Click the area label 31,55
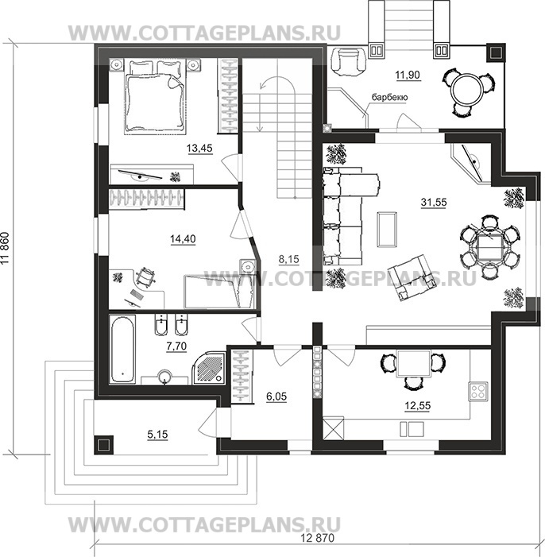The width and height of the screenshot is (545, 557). tap(434, 203)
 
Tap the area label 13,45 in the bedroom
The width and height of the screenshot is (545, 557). tap(199, 148)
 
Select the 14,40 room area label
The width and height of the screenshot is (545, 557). tap(183, 239)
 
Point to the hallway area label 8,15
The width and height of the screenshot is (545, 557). tap(289, 260)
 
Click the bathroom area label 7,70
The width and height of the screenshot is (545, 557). tap(176, 346)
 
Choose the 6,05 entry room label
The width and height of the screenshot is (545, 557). tap(276, 396)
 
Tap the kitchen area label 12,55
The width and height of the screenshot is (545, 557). tap(417, 405)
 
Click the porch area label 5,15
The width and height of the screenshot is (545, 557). tap(158, 434)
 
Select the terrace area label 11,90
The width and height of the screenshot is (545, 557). tap(408, 75)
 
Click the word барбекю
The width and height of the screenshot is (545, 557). tap(390, 97)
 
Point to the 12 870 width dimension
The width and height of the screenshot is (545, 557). tap(318, 538)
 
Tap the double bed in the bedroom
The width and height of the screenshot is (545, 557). tap(155, 97)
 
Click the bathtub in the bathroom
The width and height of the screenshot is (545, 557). tap(122, 349)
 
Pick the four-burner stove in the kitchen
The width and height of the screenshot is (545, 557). tap(477, 391)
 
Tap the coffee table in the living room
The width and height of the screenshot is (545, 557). tap(387, 229)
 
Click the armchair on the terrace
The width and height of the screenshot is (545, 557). tap(348, 61)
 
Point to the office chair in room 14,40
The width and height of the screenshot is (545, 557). tap(145, 276)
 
